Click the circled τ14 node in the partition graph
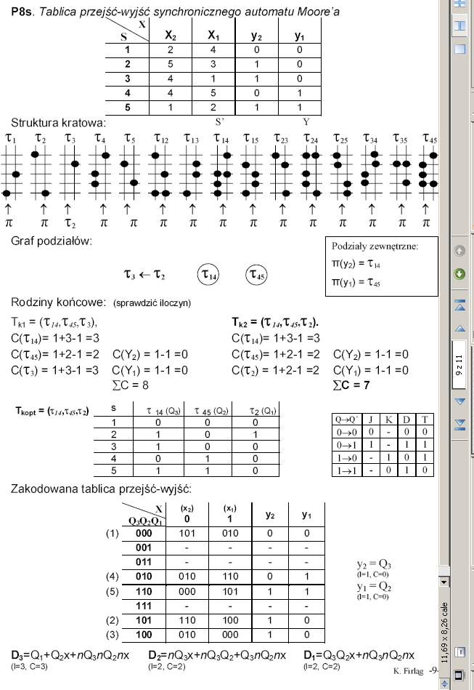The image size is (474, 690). (211, 276)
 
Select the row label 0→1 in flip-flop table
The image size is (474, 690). (345, 443)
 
